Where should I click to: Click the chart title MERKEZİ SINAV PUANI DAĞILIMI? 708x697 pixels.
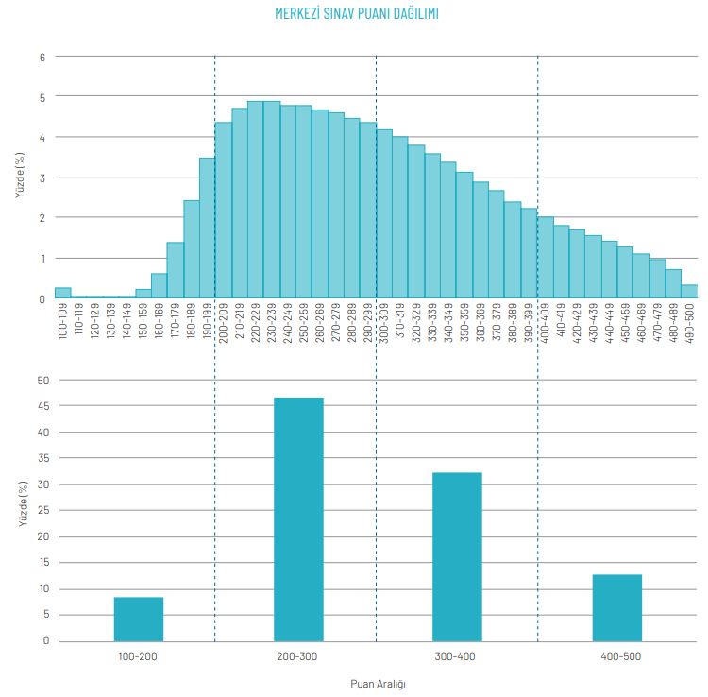pos(357,14)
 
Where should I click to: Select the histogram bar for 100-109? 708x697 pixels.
pos(62,293)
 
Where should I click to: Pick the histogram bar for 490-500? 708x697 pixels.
pos(689,292)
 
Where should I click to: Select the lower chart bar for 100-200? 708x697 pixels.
pos(139,620)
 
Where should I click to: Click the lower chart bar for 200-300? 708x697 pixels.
pos(298,519)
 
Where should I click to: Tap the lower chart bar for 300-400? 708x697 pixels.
pos(458,557)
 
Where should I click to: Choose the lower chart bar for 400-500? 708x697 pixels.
pos(617,608)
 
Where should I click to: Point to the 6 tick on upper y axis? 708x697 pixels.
pos(42,57)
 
